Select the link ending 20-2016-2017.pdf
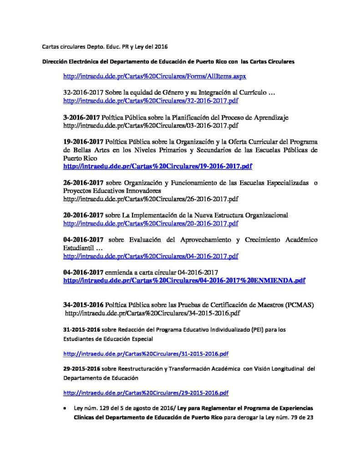151,223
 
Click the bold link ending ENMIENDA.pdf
184,280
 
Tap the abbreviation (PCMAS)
300,304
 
